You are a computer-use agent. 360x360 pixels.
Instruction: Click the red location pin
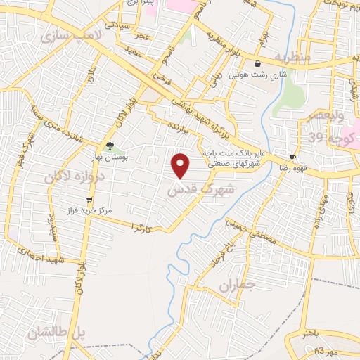pos(181,166)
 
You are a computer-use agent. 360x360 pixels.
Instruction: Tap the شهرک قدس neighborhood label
pos(193,189)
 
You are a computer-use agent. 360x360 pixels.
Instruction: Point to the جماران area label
pos(234,286)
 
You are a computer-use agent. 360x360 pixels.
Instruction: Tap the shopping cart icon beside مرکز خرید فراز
pos(89,200)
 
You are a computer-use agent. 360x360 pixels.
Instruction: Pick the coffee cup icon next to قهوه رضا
pos(293,157)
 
